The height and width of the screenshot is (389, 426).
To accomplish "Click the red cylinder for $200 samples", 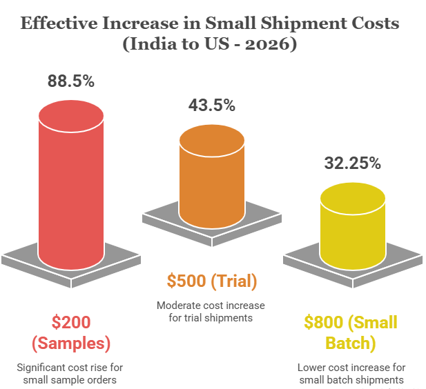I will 70,186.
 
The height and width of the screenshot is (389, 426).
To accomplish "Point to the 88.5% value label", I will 70,81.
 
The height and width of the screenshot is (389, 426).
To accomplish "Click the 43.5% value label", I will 212,106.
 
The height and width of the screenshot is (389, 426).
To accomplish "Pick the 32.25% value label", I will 352,163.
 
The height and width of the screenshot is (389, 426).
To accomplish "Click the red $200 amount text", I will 70,323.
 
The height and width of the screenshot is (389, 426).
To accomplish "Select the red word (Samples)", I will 70,342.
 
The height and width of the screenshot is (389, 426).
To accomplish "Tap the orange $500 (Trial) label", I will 212,281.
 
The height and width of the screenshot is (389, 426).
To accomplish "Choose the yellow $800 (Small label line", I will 351,323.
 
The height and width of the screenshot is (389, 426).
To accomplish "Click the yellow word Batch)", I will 351,342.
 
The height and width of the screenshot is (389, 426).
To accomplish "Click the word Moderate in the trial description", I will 176,306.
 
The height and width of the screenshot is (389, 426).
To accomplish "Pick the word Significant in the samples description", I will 43,366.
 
